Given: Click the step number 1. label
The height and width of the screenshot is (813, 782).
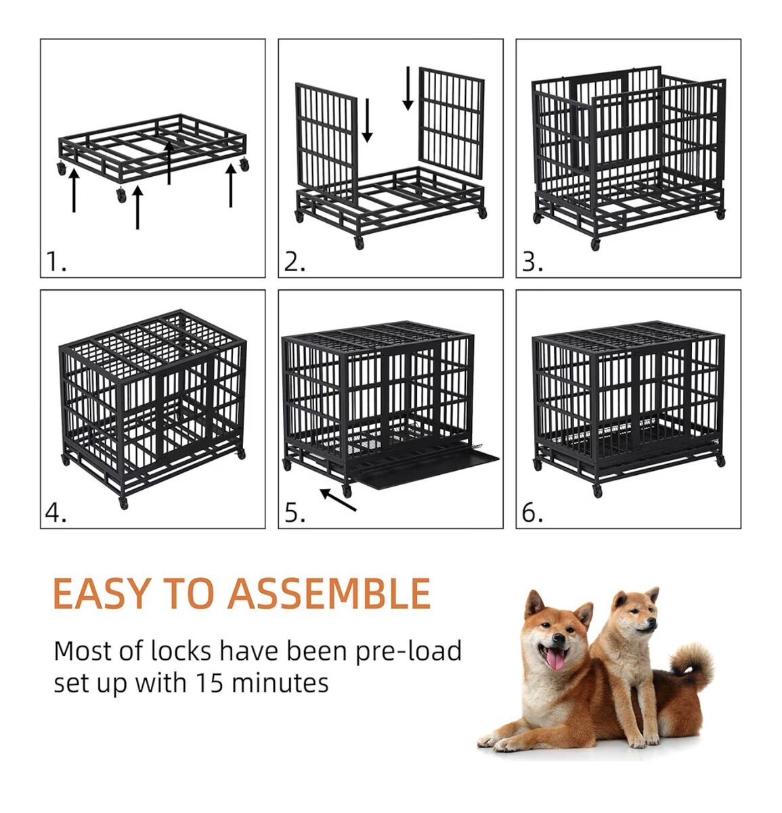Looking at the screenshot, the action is (56, 262).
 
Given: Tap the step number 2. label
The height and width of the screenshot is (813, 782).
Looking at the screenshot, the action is (295, 262).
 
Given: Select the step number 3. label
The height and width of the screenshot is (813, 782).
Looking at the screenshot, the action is (533, 262).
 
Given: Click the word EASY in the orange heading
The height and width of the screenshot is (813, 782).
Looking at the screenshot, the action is (102, 593).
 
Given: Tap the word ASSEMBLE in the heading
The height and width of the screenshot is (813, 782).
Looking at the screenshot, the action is (329, 593).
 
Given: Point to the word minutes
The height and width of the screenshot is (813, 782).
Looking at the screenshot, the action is (280, 683).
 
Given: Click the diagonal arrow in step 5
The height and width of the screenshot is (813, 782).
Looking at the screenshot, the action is (338, 499).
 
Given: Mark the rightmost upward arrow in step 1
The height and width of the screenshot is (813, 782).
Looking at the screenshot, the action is (230, 185).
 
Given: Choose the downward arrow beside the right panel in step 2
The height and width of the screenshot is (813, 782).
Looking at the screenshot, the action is (408, 88).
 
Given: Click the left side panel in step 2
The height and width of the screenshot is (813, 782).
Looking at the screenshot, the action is (326, 142).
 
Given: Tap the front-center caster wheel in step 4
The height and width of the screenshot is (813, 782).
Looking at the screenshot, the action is (123, 503).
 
